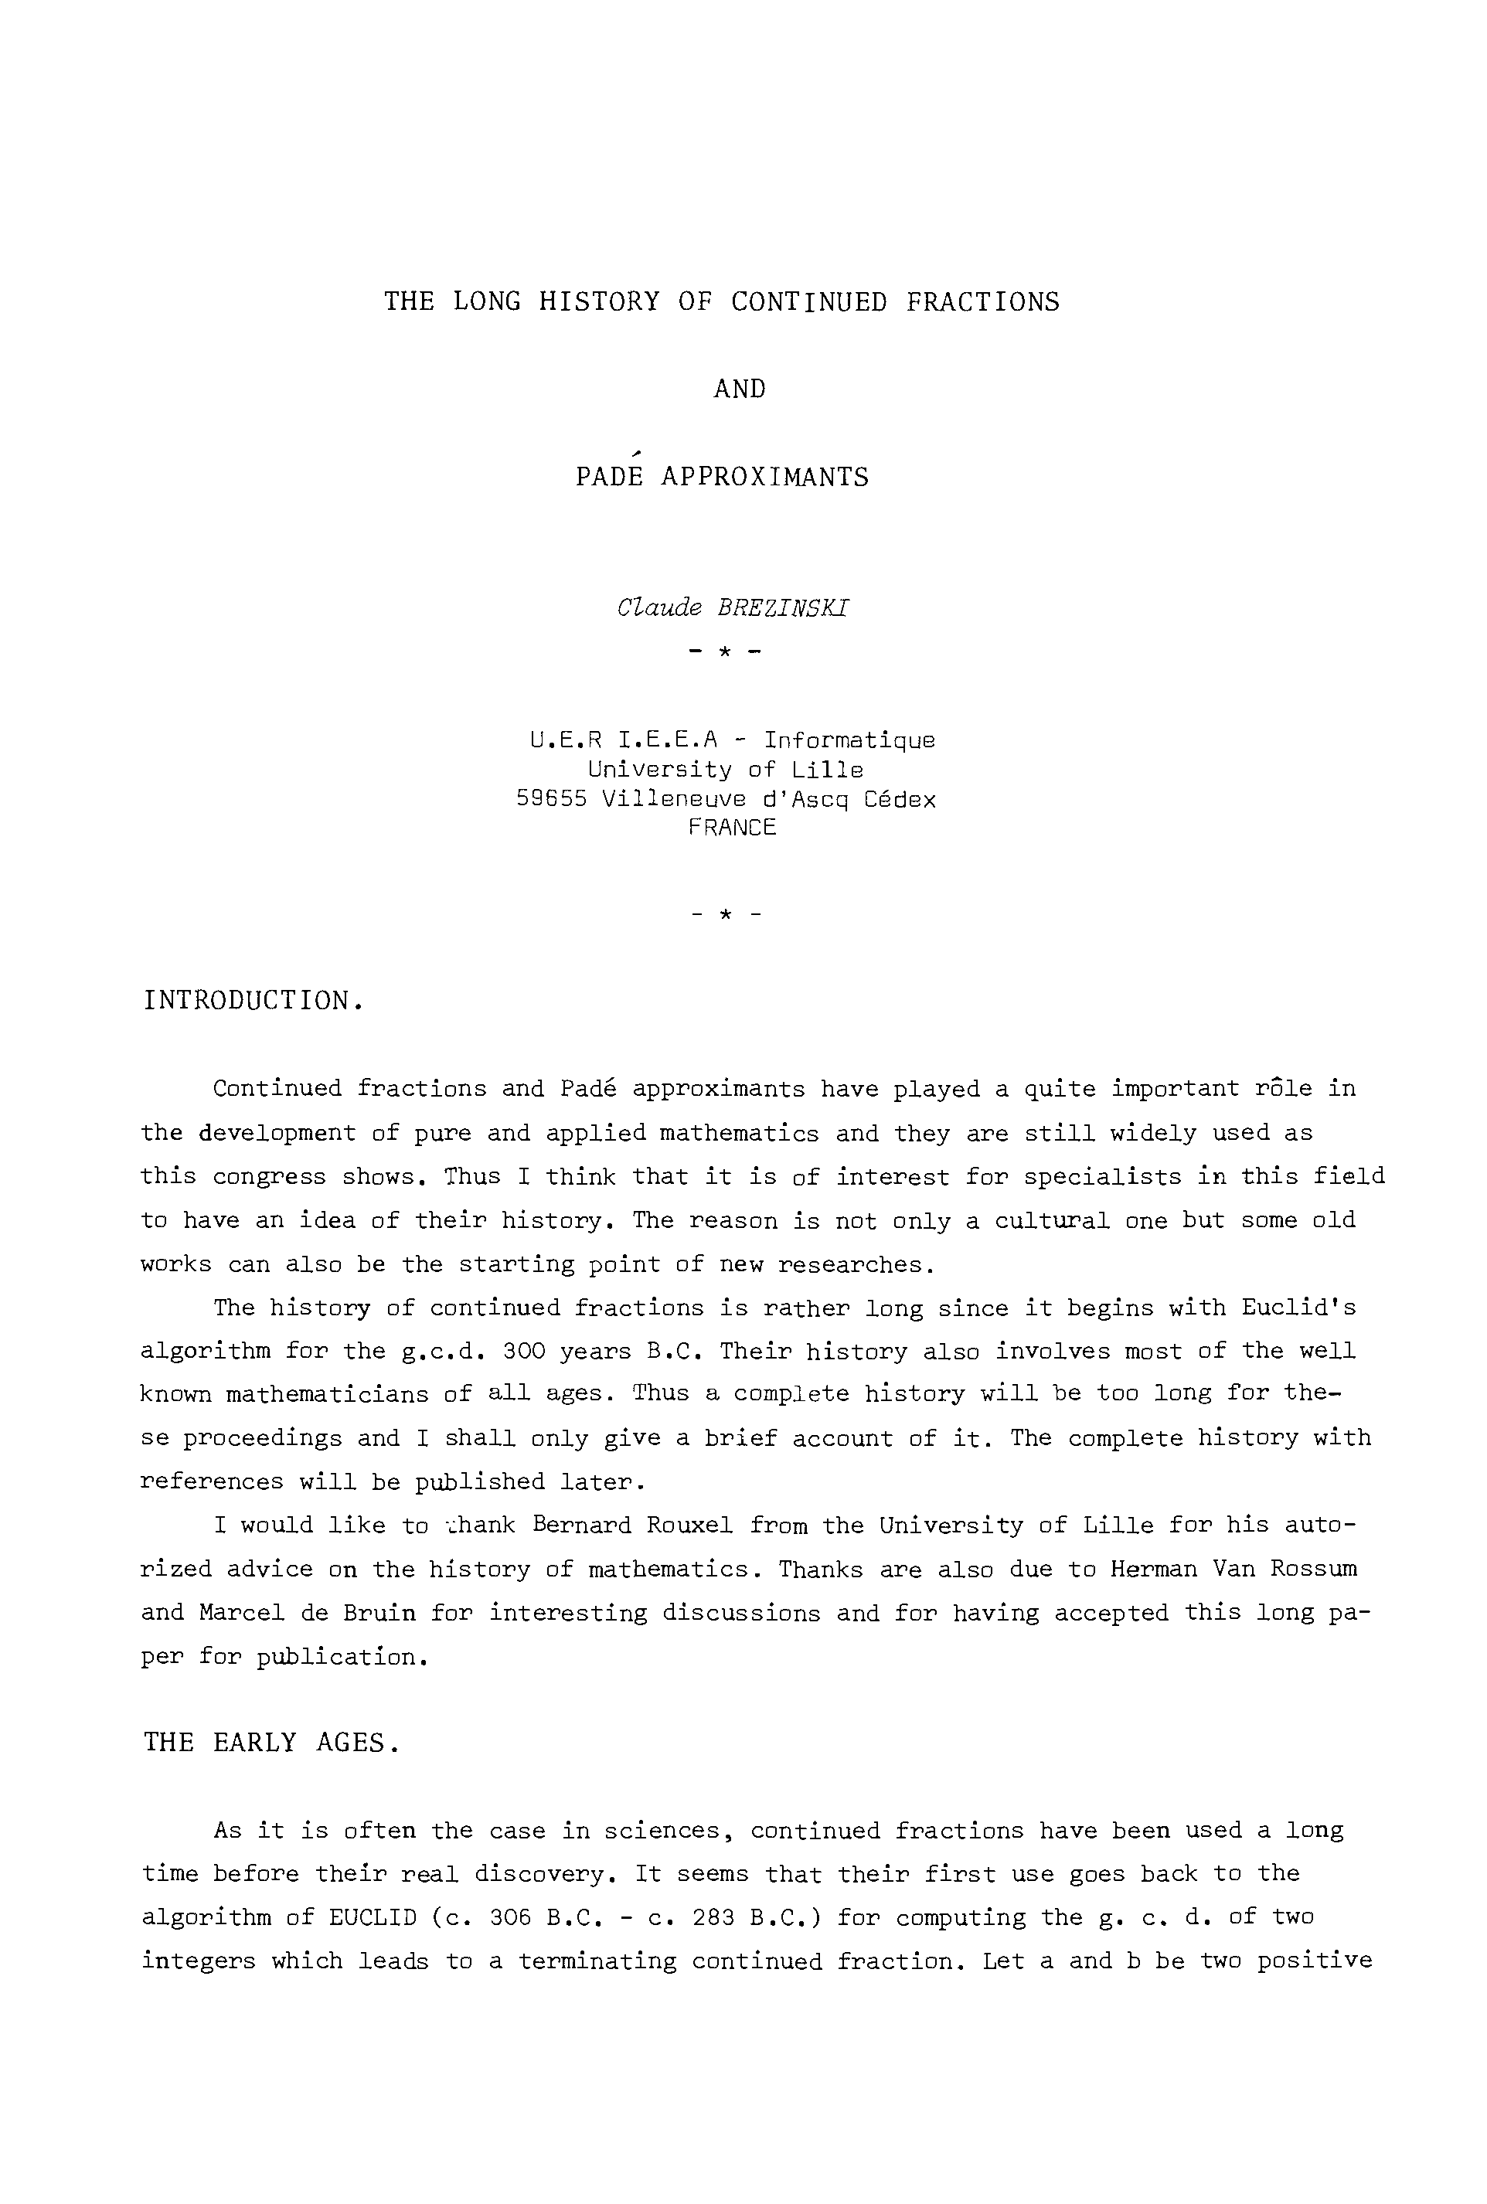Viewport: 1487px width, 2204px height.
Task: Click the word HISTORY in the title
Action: pos(598,301)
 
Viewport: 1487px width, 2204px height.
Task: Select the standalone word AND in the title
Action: pos(740,389)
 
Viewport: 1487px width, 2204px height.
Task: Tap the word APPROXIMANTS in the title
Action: pos(764,476)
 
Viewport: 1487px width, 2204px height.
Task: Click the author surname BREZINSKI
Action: pos(784,609)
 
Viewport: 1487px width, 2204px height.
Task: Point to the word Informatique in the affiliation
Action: pos(849,740)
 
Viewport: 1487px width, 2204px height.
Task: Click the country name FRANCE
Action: pos(732,828)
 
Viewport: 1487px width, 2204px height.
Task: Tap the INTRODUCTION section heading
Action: pos(254,1000)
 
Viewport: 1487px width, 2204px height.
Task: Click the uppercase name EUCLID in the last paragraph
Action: pos(373,1918)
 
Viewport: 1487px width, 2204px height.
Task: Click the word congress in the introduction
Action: pos(269,1178)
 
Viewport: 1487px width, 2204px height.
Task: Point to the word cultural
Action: pos(1052,1221)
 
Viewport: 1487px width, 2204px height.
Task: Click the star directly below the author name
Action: pos(723,652)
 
